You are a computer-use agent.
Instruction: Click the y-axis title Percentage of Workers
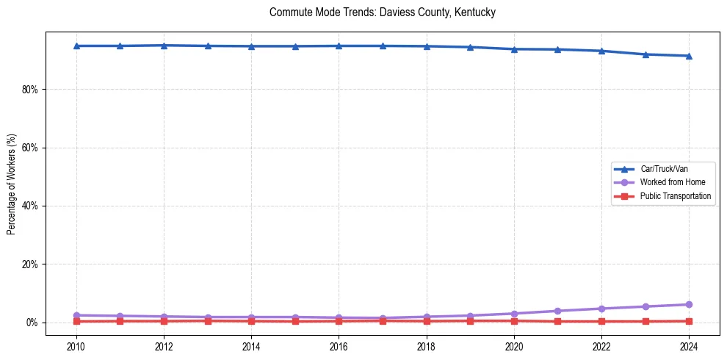[x=12, y=184]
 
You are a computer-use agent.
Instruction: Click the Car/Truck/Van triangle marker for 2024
[x=689, y=56]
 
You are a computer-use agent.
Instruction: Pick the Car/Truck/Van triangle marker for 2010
[x=76, y=46]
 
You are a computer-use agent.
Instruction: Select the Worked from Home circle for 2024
[x=689, y=304]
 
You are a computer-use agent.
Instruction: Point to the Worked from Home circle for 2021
[x=557, y=311]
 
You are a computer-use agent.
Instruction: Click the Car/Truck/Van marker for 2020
[x=514, y=49]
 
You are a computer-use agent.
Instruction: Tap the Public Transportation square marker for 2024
[x=689, y=321]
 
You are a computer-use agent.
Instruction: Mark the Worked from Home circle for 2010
[x=76, y=315]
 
